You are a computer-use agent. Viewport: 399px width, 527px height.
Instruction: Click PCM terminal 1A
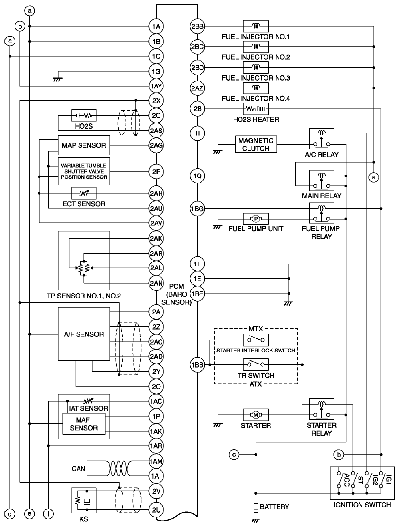point(156,26)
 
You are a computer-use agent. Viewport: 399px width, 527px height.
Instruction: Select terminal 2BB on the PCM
point(198,26)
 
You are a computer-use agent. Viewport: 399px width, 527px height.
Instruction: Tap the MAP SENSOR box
point(83,145)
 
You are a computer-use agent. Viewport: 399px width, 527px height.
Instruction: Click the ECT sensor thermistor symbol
point(83,193)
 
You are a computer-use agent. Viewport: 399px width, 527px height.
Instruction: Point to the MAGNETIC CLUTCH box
point(256,145)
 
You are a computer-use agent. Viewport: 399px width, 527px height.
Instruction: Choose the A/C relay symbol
point(321,139)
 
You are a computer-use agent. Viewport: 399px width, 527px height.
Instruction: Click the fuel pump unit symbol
point(256,219)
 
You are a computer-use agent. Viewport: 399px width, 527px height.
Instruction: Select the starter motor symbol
point(256,414)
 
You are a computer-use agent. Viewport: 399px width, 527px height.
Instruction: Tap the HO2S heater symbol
point(256,109)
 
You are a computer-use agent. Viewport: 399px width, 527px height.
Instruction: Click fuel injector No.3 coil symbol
point(256,68)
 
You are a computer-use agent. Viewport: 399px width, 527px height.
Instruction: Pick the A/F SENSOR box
point(83,334)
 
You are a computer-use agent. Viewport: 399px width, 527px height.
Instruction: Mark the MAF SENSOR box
point(83,424)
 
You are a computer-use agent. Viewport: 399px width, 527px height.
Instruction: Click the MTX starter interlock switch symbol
point(256,340)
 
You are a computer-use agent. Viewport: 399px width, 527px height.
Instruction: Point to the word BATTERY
point(275,507)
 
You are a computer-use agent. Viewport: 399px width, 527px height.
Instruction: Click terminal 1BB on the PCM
point(198,365)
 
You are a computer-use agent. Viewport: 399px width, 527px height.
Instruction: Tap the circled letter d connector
point(10,514)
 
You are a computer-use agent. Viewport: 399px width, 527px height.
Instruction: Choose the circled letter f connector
point(49,514)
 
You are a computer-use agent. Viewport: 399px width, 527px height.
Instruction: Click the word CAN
point(79,469)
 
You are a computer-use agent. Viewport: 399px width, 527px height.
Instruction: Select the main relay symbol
point(321,180)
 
